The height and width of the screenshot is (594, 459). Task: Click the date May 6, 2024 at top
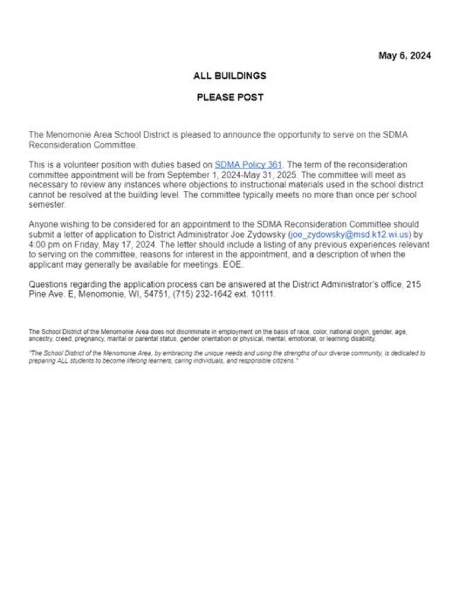click(405, 56)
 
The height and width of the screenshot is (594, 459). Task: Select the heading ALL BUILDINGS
click(230, 76)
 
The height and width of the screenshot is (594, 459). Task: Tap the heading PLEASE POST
click(230, 97)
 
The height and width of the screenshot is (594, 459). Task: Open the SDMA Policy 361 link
click(248, 165)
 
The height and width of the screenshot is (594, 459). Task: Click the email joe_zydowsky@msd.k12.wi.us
click(350, 234)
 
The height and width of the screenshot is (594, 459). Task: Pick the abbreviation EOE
click(233, 264)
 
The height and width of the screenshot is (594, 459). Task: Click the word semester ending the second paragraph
click(47, 205)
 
